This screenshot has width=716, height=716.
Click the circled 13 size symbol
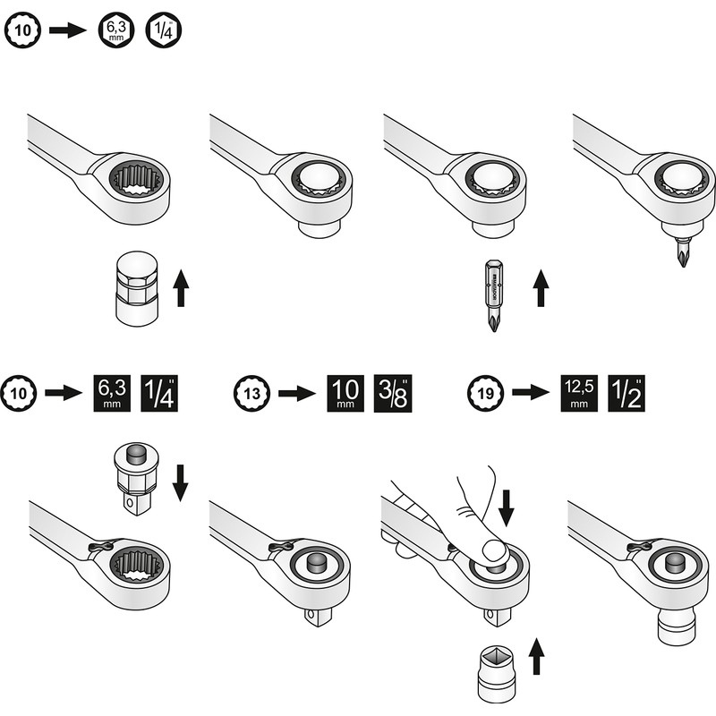click(x=250, y=393)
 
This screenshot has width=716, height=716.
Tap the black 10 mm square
click(x=342, y=393)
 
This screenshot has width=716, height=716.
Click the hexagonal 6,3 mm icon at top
click(x=116, y=30)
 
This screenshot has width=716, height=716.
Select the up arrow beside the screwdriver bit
click(x=540, y=289)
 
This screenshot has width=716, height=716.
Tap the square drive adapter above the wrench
click(x=134, y=479)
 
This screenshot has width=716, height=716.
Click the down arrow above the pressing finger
click(x=507, y=504)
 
